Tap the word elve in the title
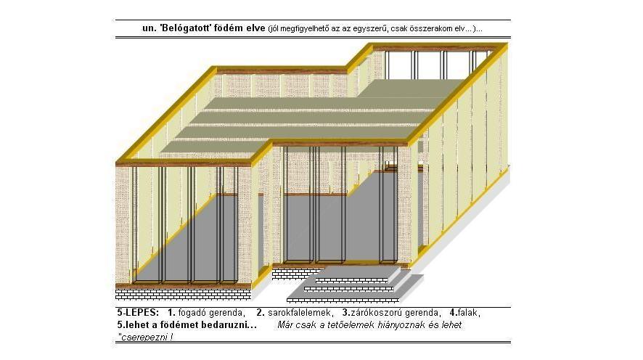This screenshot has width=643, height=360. click(x=256, y=28)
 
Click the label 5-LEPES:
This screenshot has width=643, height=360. click(x=138, y=312)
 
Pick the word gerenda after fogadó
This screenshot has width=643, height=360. click(x=227, y=313)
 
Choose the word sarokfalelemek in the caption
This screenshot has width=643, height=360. click(x=300, y=313)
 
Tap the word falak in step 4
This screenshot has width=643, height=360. click(x=468, y=313)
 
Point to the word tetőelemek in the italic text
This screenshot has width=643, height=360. click(x=351, y=325)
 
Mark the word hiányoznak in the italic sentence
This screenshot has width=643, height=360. click(x=401, y=325)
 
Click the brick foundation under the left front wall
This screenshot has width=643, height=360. click(x=183, y=295)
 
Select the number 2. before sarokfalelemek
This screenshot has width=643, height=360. click(x=261, y=312)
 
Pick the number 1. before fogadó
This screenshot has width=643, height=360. click(x=171, y=312)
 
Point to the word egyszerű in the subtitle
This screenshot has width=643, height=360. click(x=373, y=29)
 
